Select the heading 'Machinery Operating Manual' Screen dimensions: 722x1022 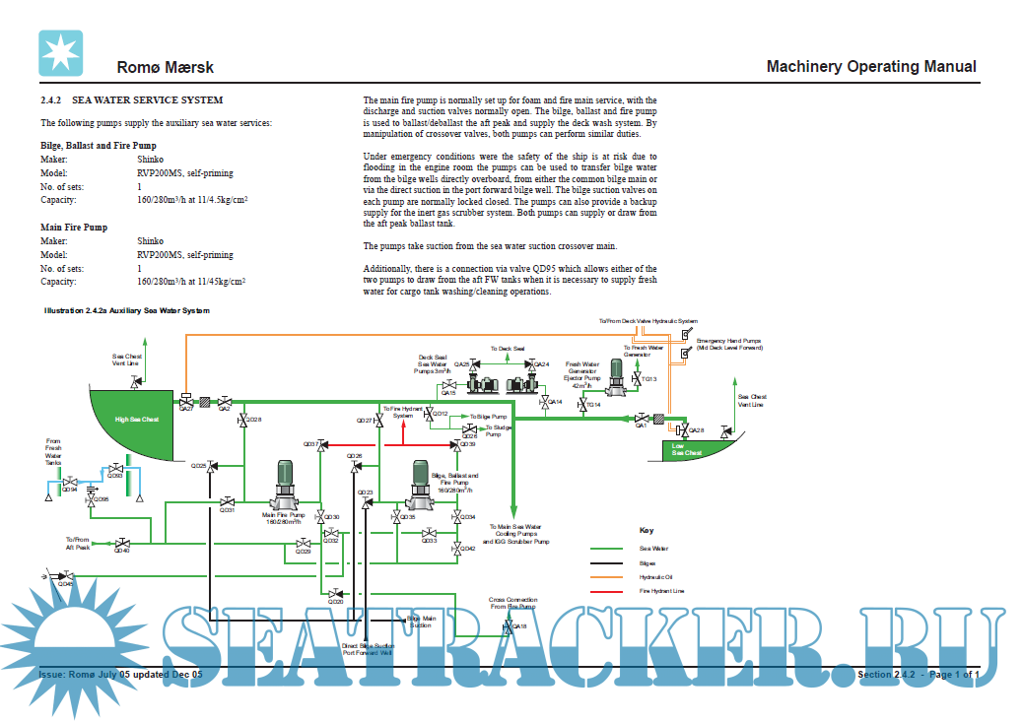(871, 67)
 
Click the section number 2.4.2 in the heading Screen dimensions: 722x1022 (51, 100)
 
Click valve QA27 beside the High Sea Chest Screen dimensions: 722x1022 (185, 401)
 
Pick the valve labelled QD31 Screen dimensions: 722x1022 (228, 502)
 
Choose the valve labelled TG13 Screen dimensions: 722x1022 (636, 378)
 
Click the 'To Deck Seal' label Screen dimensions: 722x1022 (508, 349)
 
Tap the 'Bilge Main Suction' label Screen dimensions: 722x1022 (420, 621)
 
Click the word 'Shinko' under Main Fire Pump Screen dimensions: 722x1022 (151, 240)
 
